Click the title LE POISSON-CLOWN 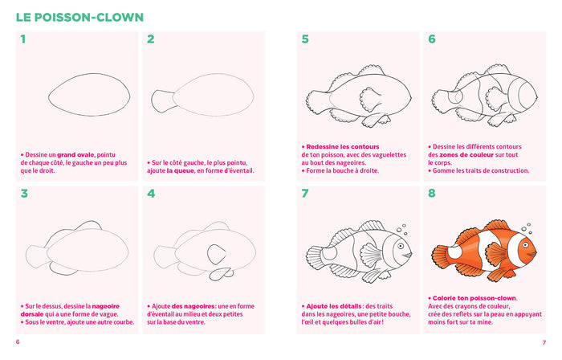click(x=79, y=17)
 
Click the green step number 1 click(x=23, y=39)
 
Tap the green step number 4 click(x=151, y=194)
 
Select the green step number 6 click(x=432, y=39)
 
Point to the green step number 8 click(x=432, y=194)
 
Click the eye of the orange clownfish click(x=525, y=245)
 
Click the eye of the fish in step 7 click(x=401, y=247)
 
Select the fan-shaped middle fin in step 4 click(x=216, y=255)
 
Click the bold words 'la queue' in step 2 click(x=181, y=170)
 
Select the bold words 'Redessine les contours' click(x=342, y=147)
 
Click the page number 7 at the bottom click(x=544, y=343)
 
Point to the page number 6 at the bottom click(x=18, y=342)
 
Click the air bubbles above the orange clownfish click(x=527, y=228)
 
